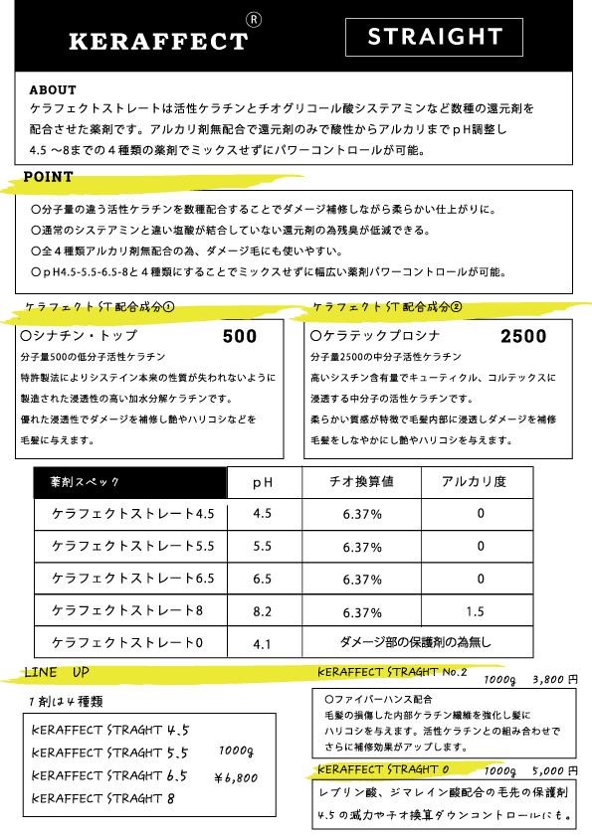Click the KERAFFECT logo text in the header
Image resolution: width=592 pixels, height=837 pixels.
point(157,41)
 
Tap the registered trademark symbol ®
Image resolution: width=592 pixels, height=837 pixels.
point(254,19)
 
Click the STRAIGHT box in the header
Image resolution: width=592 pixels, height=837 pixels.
point(435,38)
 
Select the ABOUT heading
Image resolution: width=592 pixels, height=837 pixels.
point(53,89)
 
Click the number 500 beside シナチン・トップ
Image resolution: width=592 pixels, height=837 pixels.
point(240,336)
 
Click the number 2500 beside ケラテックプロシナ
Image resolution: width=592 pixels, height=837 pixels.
point(523,336)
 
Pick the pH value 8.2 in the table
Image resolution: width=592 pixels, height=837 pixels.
point(263,612)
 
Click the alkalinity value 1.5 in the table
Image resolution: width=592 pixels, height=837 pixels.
point(475,612)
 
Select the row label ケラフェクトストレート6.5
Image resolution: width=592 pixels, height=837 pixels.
point(132,579)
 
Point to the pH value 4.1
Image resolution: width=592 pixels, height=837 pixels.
point(263,644)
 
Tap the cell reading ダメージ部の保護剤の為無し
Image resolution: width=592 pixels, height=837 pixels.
point(415,643)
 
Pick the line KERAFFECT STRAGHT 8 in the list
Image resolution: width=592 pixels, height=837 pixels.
point(103,798)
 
